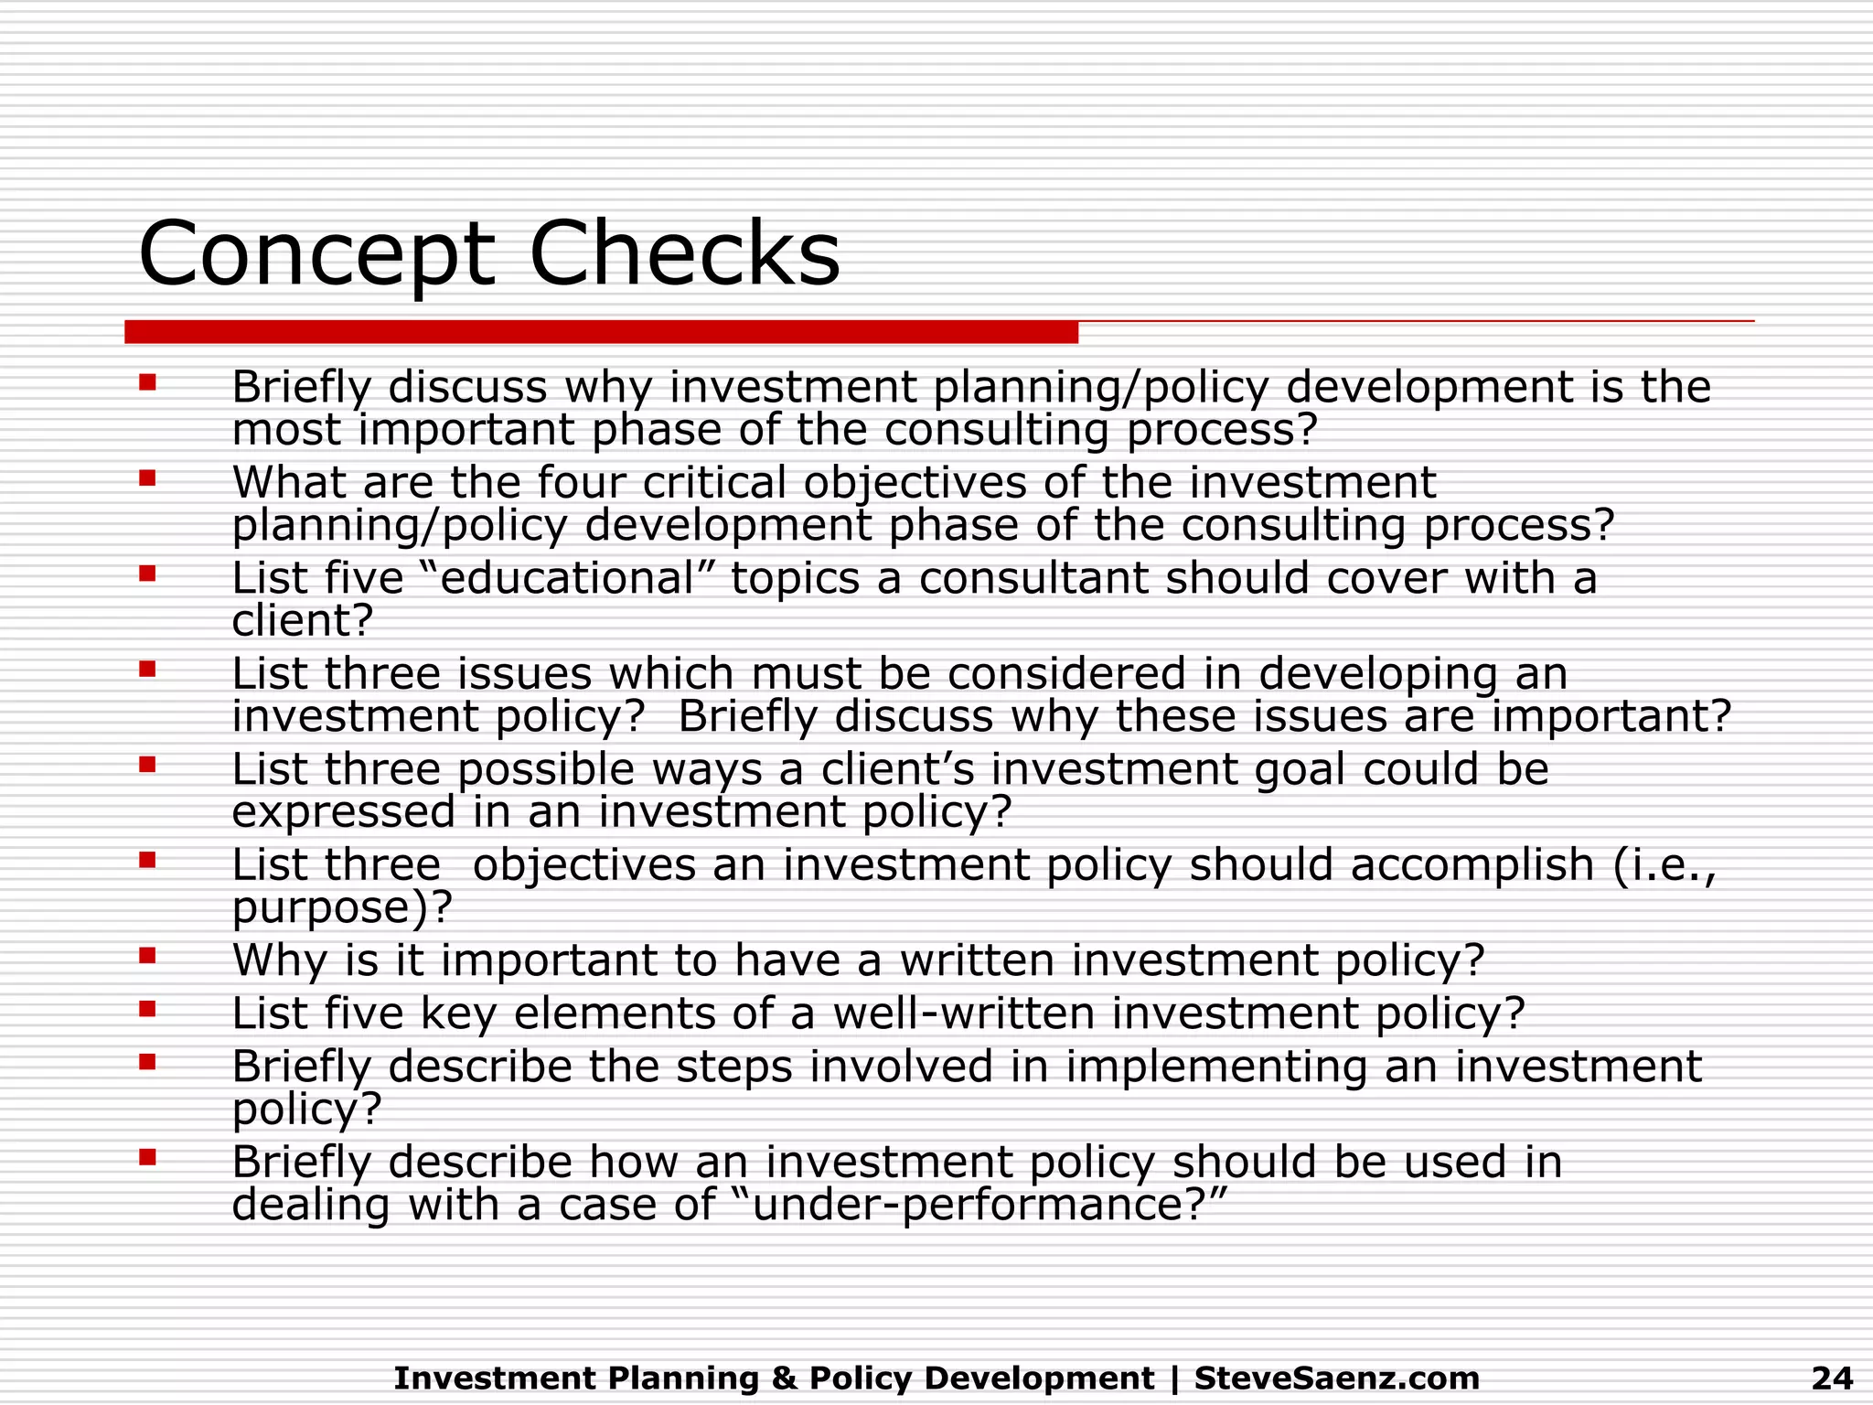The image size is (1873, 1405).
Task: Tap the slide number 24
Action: (1832, 1378)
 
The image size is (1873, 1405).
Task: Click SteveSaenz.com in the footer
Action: (1336, 1378)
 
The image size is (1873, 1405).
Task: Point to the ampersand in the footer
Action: (784, 1378)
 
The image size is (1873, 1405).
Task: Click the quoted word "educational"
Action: (568, 578)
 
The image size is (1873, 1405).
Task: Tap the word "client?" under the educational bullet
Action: (303, 621)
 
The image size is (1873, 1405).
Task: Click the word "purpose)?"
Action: (342, 907)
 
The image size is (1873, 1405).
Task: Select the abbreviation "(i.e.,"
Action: (1664, 865)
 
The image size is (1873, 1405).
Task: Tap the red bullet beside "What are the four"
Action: (147, 477)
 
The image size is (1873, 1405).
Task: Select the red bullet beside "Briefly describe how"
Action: (147, 1157)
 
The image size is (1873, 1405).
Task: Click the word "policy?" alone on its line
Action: (306, 1110)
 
